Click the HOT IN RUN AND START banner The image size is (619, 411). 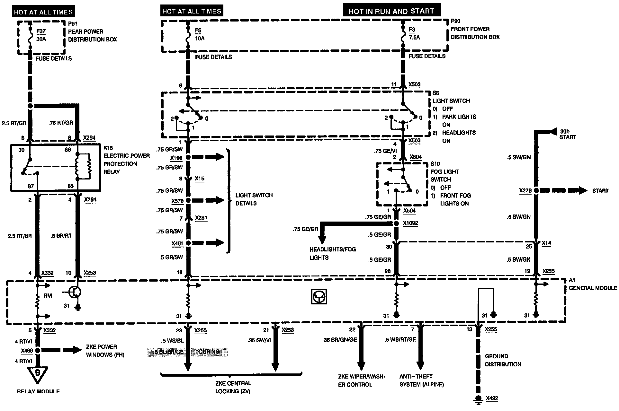(391, 11)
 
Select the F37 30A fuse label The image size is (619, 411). (41, 35)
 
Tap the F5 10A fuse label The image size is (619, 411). (199, 35)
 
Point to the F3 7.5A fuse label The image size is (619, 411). (414, 34)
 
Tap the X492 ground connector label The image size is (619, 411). (492, 398)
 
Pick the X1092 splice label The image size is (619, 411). (411, 223)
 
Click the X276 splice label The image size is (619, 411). (525, 191)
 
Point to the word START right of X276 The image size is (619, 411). (600, 191)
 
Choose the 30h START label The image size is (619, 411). (568, 134)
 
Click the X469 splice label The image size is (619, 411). (27, 351)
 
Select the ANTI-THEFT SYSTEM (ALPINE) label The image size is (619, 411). (421, 380)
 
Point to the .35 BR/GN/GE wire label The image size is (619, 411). (339, 340)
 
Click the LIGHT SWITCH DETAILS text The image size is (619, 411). (254, 199)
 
